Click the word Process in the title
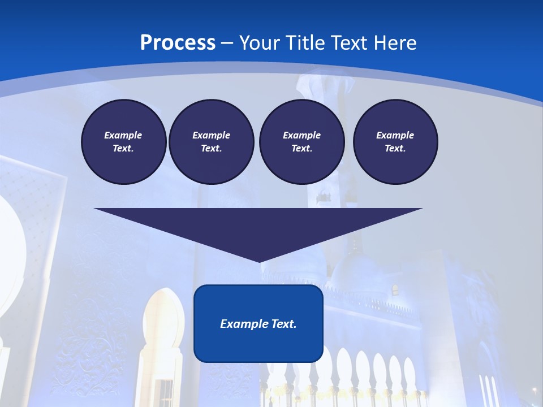pos(178,43)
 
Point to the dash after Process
pos(227,44)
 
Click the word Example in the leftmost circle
pos(123,135)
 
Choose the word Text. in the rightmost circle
pos(395,148)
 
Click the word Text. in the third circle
pos(301,148)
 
